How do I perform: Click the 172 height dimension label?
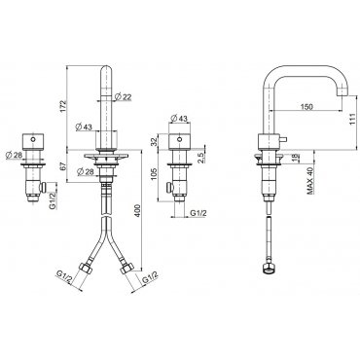[63, 107]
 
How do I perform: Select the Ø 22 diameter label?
[123, 96]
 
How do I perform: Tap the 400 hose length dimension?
[138, 211]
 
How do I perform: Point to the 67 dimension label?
[63, 165]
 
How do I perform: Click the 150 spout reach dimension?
[306, 106]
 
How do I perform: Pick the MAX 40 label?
[311, 181]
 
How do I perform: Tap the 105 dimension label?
[155, 174]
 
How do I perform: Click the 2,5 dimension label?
[200, 158]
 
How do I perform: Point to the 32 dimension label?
[155, 141]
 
